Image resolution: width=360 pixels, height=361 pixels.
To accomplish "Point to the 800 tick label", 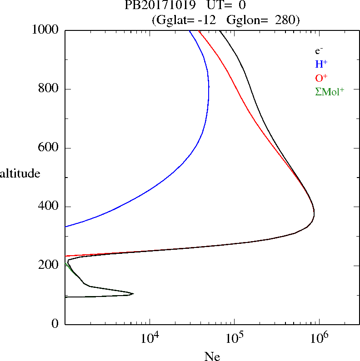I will [x=50, y=89].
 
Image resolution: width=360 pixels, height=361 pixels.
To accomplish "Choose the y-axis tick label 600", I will [x=50, y=148].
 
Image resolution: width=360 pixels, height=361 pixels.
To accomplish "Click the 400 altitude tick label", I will [x=50, y=207].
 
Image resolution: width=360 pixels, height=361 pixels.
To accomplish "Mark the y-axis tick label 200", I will [x=50, y=265].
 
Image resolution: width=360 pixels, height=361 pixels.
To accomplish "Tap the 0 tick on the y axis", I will [x=55, y=324].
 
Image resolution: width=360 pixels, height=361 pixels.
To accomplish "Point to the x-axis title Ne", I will [x=212, y=357].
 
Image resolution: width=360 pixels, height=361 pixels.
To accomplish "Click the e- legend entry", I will [x=319, y=51].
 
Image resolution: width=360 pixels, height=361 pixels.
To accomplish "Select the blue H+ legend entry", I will [x=321, y=64].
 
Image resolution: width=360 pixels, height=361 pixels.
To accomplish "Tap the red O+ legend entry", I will [x=321, y=78].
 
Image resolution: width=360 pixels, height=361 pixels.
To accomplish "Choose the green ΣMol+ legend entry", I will [x=330, y=91].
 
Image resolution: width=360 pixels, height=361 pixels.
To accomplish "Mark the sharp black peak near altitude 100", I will [x=133, y=294].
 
